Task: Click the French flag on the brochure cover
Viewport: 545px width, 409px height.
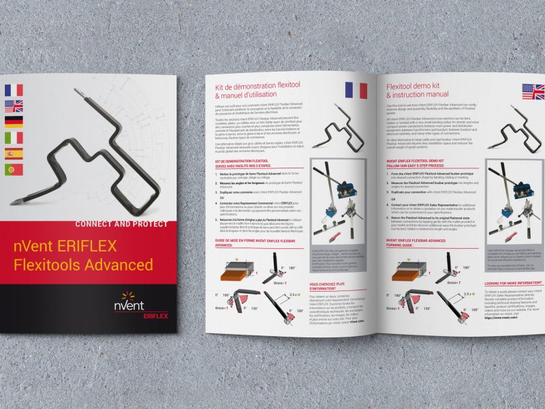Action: pos(14,89)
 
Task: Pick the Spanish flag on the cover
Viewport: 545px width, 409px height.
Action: pos(14,154)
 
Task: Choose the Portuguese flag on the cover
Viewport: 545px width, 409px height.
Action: pos(14,170)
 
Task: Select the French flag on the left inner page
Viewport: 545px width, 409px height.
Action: pos(356,90)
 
